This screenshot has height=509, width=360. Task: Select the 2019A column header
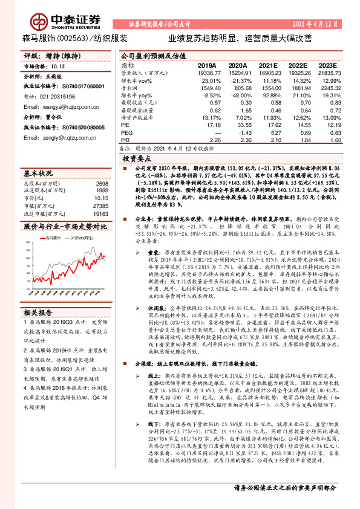(206, 65)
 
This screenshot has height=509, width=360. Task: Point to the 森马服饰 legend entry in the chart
(55, 239)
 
